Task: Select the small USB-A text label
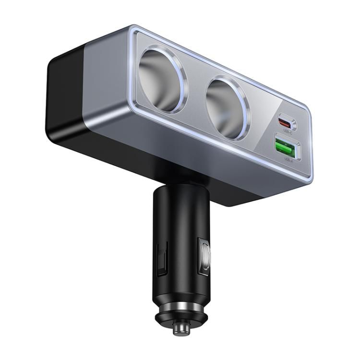coord(288,158)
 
